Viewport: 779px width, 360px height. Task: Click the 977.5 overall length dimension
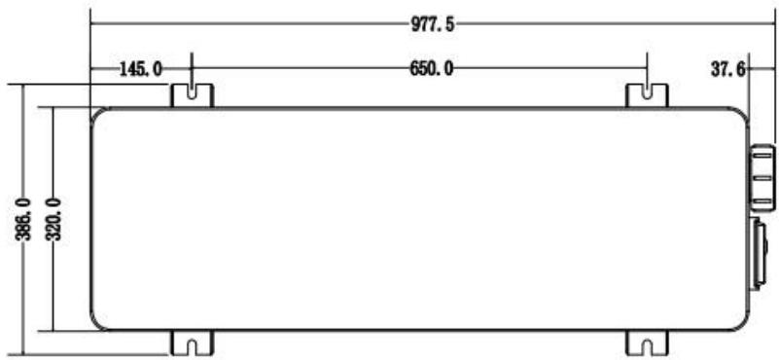pos(432,24)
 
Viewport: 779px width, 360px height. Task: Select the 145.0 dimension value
pos(141,69)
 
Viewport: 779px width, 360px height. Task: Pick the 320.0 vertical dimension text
pos(54,220)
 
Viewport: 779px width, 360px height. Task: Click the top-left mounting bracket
pos(193,94)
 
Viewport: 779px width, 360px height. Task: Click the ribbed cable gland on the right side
pos(762,177)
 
